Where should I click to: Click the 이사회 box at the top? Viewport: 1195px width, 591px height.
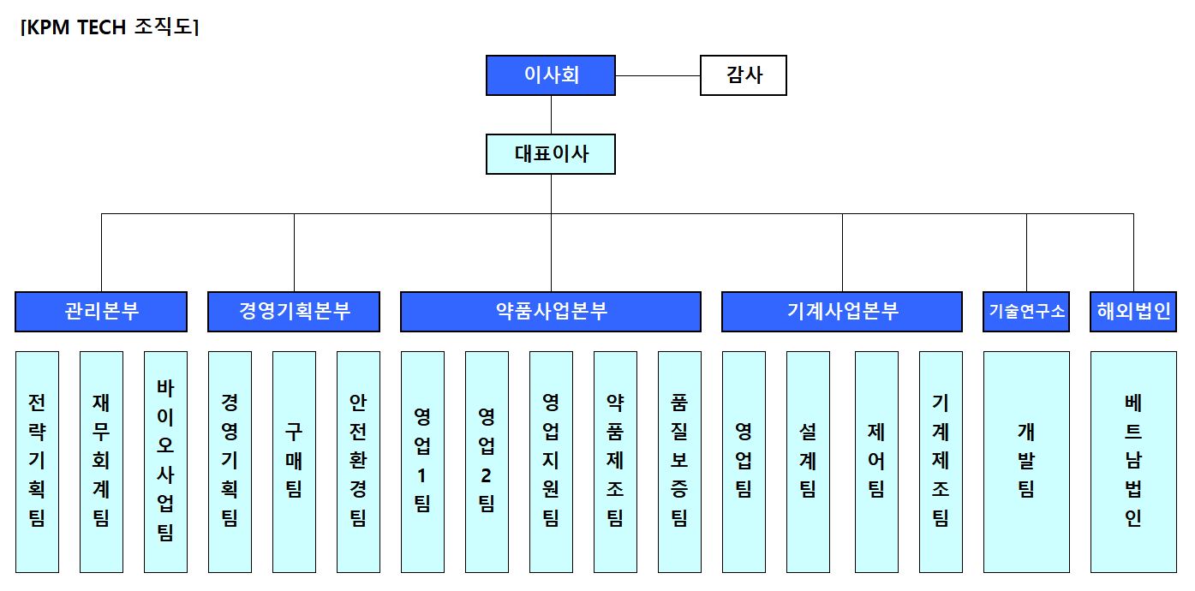tap(551, 75)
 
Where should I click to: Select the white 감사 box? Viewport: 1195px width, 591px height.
tap(743, 75)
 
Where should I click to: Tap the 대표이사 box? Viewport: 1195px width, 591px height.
tap(551, 154)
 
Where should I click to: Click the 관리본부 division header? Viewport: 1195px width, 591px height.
tap(101, 312)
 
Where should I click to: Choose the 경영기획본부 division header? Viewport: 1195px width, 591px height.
tap(294, 312)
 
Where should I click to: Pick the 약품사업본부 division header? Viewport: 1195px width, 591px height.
tap(551, 312)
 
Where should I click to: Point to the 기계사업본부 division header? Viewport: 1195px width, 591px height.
tap(842, 312)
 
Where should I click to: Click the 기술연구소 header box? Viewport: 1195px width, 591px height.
tap(1026, 312)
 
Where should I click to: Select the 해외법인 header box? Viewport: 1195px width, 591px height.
tap(1133, 312)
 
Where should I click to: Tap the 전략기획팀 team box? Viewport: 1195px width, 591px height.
tap(38, 461)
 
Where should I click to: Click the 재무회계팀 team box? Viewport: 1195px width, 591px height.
tap(101, 461)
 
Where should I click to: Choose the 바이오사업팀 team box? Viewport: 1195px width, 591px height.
tap(165, 461)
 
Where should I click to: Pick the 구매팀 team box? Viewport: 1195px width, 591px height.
tap(294, 461)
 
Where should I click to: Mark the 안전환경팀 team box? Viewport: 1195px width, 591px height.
tap(358, 461)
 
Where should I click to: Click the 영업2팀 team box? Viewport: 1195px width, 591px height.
tap(487, 461)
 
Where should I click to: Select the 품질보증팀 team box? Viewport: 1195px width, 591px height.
tap(679, 461)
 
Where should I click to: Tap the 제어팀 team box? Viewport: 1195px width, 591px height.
tap(876, 461)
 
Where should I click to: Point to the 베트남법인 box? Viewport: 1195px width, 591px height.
tap(1133, 461)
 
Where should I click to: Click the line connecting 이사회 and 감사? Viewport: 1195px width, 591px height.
tap(658, 75)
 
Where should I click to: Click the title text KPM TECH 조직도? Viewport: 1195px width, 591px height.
tap(110, 27)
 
